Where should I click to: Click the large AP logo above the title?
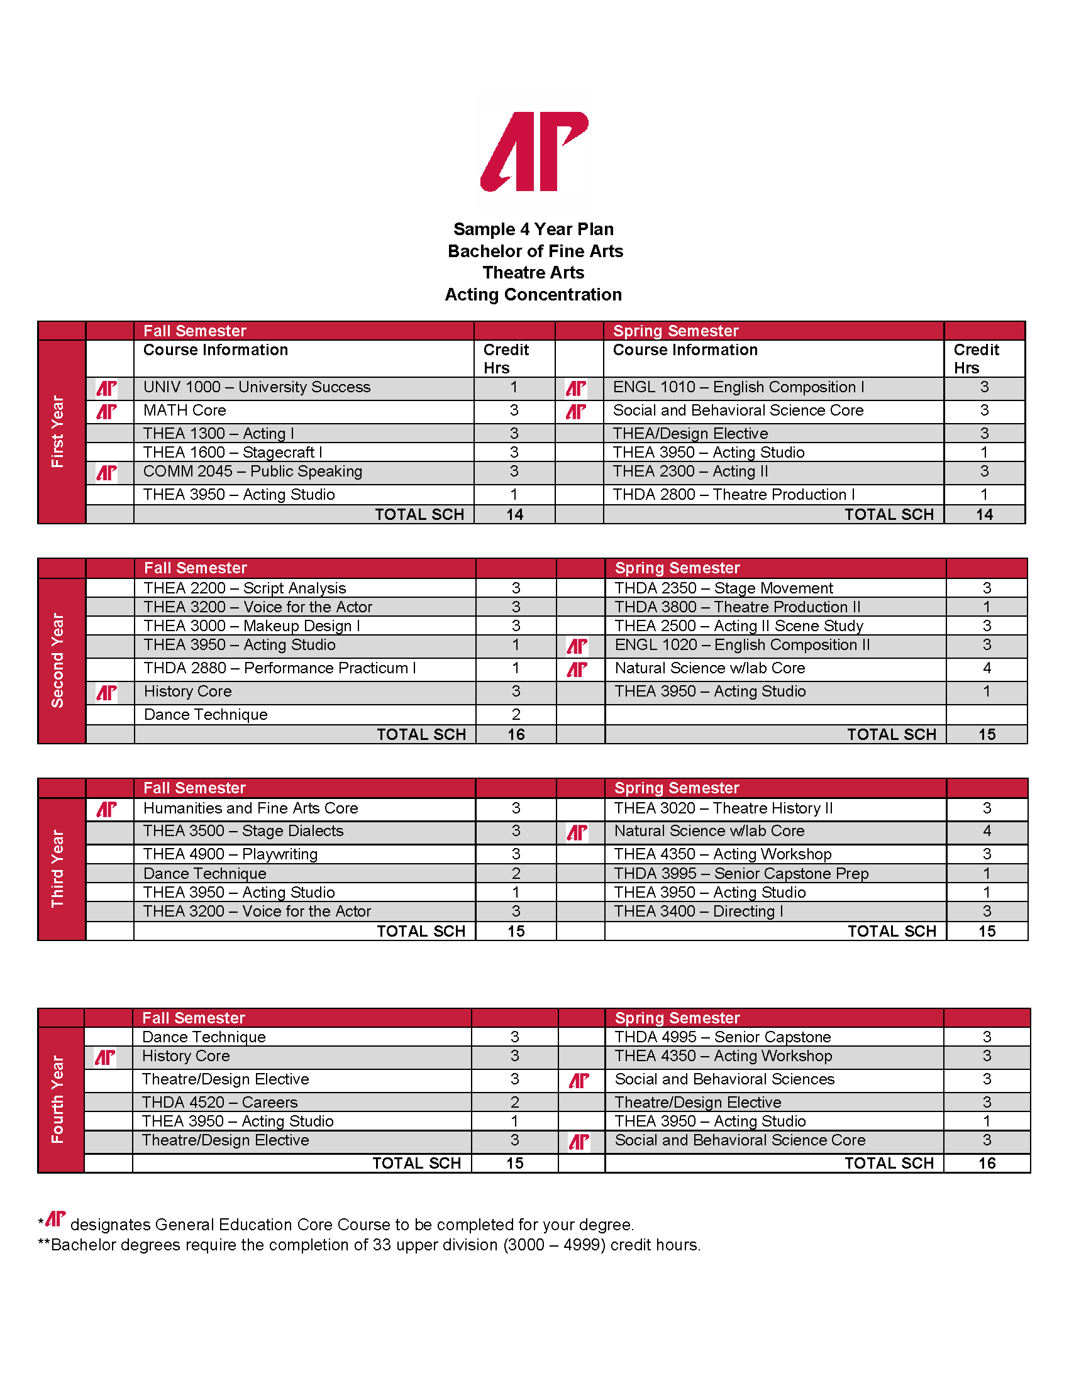(x=534, y=152)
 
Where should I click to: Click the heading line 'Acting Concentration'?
(x=533, y=294)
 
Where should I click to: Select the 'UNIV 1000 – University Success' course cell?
(x=257, y=387)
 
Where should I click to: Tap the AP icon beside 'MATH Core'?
(x=106, y=412)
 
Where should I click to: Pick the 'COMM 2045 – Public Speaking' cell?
(x=253, y=471)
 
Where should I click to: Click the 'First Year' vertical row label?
(x=58, y=432)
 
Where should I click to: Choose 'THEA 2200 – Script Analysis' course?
(x=245, y=588)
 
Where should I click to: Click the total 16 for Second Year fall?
(x=516, y=734)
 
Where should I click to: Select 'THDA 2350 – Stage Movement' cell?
(x=724, y=588)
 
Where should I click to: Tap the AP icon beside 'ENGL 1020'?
(x=577, y=646)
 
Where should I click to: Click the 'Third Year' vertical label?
(x=58, y=869)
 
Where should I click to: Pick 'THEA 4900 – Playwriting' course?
(x=231, y=854)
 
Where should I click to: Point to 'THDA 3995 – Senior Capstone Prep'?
(x=741, y=874)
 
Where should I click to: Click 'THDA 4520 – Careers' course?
(x=219, y=1103)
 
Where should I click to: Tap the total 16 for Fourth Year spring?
(x=987, y=1163)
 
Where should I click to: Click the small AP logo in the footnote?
(x=56, y=1219)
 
